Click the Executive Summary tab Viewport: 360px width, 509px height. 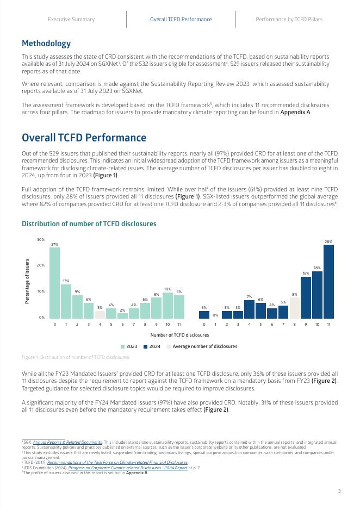[71, 20]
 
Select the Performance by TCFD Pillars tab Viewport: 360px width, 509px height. [289, 20]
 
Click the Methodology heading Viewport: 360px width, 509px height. [46, 44]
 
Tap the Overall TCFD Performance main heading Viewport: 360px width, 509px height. [84, 138]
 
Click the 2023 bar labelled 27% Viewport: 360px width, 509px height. [54, 283]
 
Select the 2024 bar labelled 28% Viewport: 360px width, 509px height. [328, 281]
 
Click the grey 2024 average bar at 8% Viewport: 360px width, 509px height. [295, 307]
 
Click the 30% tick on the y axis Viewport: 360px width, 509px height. [41, 240]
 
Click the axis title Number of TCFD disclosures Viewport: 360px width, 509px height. [179, 335]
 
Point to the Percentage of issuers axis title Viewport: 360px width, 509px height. [27, 281]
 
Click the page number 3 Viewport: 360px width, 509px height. [339, 492]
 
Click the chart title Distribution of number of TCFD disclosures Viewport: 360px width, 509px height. [89, 224]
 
